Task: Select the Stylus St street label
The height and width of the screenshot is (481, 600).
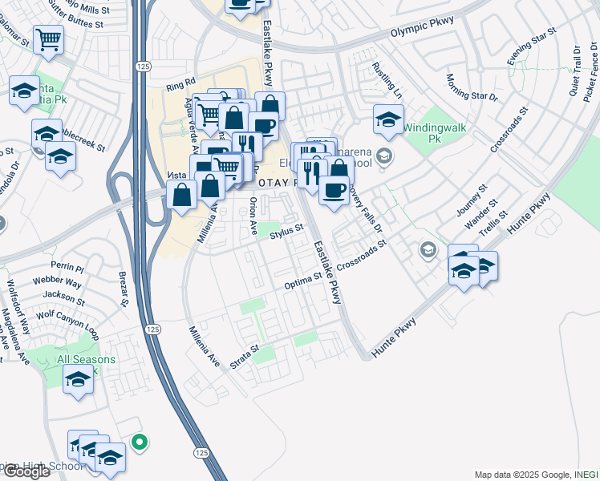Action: pos(287,232)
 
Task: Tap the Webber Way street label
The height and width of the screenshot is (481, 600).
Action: pos(57,283)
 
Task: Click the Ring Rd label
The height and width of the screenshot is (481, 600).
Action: pos(181,82)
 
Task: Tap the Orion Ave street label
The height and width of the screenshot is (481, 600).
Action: pos(253,216)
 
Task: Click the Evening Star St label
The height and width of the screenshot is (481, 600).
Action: pos(532,46)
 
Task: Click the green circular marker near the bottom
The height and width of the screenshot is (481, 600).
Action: pos(139,441)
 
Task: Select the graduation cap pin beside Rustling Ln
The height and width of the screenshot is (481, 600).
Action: pos(388,120)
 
